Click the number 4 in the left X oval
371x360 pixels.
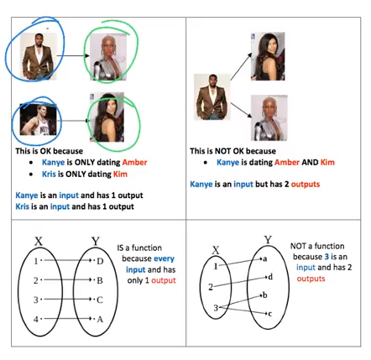[36, 319]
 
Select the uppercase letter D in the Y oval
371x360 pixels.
[100, 261]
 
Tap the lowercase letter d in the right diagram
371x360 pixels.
[270, 277]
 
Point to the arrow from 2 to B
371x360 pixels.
[68, 279]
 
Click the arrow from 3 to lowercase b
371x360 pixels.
[240, 301]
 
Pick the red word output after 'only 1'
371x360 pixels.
[164, 280]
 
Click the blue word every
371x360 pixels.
[164, 258]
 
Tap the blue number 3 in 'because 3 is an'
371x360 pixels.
[327, 257]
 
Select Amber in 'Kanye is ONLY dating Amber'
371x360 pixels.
[134, 162]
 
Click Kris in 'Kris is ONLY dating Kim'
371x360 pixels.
[49, 174]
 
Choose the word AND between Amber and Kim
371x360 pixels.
[310, 162]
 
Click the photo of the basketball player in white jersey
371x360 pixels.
[38, 120]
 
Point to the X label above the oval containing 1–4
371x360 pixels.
[39, 241]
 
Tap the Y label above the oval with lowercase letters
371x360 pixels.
[268, 240]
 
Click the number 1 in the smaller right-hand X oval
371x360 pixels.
[216, 266]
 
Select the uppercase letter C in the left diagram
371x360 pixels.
[100, 300]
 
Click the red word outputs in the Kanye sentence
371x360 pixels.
[306, 184]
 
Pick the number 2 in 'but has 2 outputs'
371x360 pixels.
[286, 184]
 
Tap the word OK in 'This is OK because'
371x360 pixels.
[44, 151]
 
